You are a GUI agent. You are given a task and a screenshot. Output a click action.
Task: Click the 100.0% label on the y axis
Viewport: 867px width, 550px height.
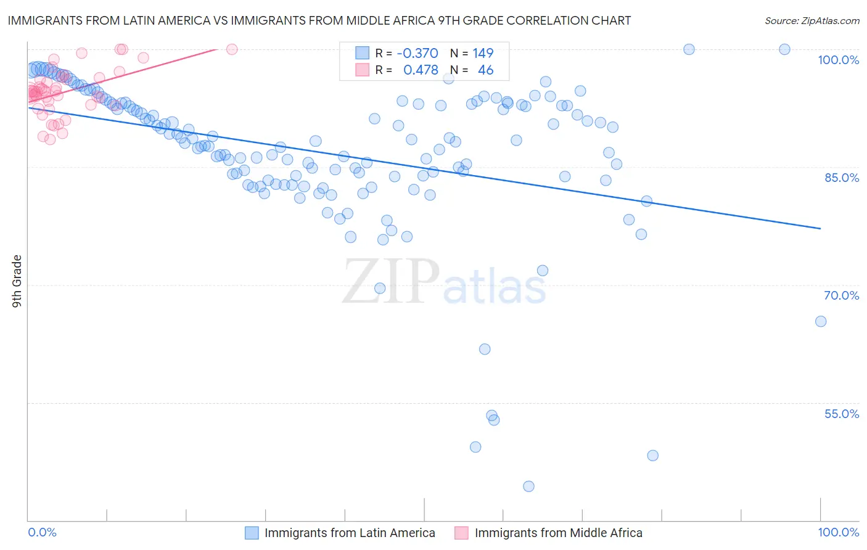838,60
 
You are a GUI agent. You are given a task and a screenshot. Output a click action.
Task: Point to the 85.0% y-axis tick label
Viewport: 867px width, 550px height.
841,178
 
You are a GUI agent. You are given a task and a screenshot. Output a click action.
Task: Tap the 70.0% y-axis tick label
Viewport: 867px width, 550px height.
841,295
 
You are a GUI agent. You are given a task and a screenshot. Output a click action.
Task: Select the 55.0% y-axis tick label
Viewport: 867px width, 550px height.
841,414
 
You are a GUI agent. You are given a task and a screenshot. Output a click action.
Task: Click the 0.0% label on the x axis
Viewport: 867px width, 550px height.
42,532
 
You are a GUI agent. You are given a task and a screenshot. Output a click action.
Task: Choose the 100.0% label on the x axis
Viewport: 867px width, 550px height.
838,532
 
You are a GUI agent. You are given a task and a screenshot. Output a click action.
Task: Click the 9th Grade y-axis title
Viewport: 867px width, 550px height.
17,281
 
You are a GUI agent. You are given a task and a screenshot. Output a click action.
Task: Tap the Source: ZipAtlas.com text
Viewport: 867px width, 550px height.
812,20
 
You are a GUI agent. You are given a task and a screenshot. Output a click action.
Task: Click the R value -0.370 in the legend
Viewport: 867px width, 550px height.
417,53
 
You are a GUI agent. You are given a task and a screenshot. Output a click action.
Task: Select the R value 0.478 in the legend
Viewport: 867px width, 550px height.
421,70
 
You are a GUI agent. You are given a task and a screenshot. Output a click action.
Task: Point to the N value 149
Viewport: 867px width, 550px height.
483,53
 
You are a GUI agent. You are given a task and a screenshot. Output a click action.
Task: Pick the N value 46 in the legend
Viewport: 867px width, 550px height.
485,70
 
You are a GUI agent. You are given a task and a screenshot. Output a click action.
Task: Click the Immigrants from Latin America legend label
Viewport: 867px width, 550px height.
350,533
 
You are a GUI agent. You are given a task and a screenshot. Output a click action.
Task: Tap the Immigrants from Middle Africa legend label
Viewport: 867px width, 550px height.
558,533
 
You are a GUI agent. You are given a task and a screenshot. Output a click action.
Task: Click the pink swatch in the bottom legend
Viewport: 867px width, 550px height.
461,533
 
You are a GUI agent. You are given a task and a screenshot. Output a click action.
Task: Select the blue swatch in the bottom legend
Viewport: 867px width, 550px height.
252,533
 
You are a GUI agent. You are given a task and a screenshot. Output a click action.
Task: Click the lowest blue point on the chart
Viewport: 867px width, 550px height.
528,486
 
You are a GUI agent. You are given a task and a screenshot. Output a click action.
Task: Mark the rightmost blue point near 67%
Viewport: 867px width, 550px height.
821,321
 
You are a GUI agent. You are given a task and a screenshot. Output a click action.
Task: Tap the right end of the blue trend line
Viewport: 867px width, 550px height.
820,229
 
